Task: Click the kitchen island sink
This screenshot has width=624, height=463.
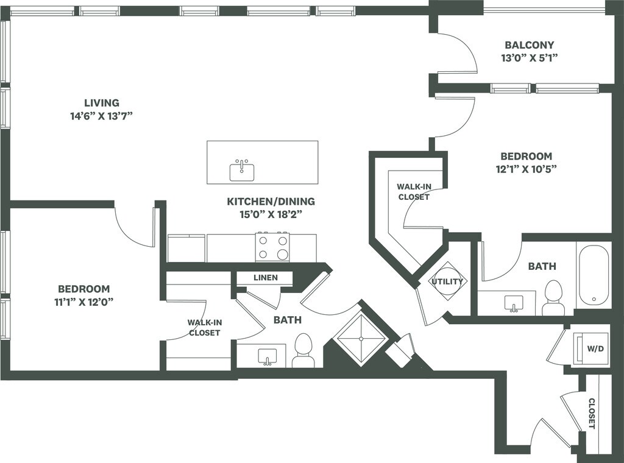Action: tap(241, 171)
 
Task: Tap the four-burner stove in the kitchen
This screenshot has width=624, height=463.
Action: tap(272, 247)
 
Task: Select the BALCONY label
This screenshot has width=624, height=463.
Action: tap(529, 44)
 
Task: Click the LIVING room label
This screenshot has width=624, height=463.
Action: tap(102, 102)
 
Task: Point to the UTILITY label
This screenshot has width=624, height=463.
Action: tap(447, 281)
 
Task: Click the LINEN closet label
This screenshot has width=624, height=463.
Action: tap(265, 278)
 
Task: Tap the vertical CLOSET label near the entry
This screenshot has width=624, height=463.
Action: tap(592, 414)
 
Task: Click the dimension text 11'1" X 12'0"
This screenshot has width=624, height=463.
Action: tap(83, 301)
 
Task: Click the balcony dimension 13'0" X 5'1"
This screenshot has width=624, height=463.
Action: tap(529, 58)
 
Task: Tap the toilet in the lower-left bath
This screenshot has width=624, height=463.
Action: tap(303, 352)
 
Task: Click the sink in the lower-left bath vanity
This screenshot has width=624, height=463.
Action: tap(266, 356)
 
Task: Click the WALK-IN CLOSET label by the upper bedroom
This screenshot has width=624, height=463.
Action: tap(413, 192)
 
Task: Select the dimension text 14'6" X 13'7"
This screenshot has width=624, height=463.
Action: tap(101, 115)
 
